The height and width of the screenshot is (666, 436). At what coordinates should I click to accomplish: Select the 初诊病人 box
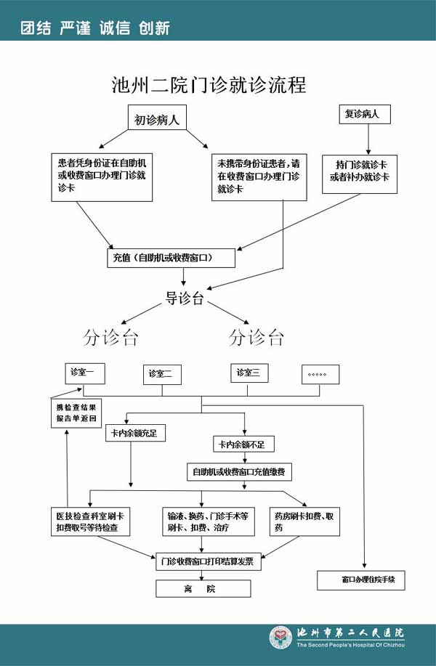[156, 120]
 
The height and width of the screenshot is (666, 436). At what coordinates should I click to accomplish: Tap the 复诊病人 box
[367, 115]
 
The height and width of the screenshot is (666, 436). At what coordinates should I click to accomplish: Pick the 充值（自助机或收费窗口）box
[171, 258]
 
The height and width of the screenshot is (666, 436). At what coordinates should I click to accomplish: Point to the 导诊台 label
[185, 299]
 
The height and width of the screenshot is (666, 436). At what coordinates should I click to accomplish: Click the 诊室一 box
[86, 373]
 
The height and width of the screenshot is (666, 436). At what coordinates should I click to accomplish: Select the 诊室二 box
[162, 374]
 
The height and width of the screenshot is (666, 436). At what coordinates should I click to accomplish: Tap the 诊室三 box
[249, 373]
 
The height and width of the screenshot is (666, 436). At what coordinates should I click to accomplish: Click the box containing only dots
[320, 374]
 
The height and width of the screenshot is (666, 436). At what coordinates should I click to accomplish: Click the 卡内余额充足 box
[136, 434]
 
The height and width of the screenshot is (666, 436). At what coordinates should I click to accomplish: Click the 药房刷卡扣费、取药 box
[304, 521]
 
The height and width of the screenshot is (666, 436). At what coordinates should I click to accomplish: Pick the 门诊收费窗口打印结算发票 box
[209, 561]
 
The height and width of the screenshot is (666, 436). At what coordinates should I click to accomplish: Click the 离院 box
[203, 588]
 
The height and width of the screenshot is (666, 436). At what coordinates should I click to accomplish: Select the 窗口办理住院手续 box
[360, 580]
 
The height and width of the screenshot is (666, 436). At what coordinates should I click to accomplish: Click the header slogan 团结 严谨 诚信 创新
[95, 28]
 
